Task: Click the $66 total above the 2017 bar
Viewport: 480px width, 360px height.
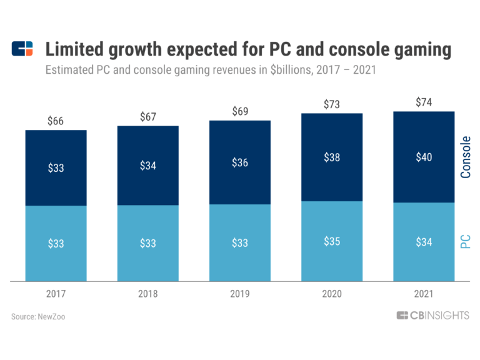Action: coord(56,120)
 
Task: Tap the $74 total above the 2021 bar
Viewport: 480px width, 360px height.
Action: coord(424,102)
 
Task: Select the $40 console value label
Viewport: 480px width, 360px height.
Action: coord(424,157)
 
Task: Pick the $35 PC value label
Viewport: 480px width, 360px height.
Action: coord(332,241)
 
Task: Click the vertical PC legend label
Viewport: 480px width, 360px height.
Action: coord(466,242)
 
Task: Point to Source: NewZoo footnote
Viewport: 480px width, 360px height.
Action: coord(38,317)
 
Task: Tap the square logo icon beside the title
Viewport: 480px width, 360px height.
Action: coord(22,49)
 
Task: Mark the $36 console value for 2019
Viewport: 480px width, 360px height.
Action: coord(240,162)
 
